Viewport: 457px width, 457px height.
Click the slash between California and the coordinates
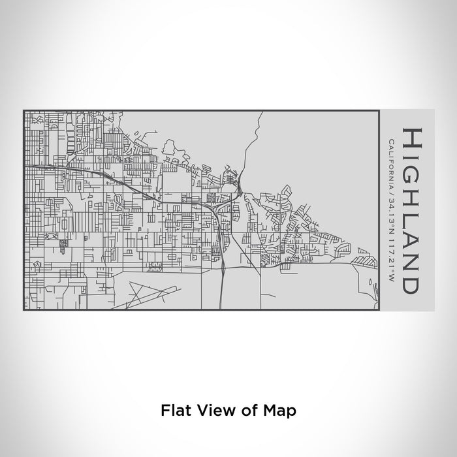coord(390,190)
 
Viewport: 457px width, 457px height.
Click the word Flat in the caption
coord(172,411)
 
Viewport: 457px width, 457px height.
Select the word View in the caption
coord(210,411)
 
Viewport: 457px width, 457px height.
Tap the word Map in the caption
coord(281,411)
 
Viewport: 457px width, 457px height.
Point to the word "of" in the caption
coord(245,411)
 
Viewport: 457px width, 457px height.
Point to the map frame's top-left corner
coord(24,110)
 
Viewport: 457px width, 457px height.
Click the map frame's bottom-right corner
coord(379,310)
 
